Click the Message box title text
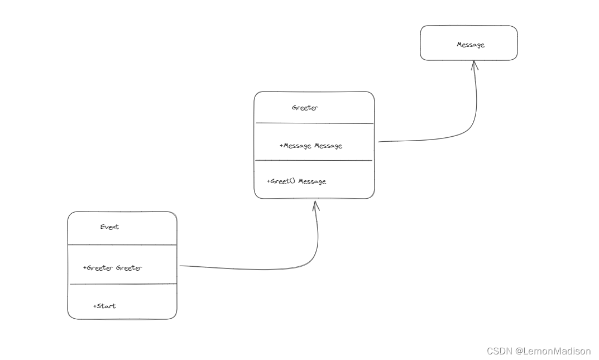470,45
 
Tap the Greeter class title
305,108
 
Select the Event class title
109,227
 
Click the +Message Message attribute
310,146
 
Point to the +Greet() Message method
296,181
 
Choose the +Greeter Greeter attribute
112,268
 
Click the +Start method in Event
104,306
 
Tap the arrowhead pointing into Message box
474,65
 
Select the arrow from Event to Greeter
268,270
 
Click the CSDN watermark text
499,351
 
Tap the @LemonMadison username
553,351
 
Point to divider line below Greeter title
314,123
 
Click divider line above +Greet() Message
314,161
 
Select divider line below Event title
122,245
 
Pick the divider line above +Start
122,284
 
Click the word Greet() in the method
283,181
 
